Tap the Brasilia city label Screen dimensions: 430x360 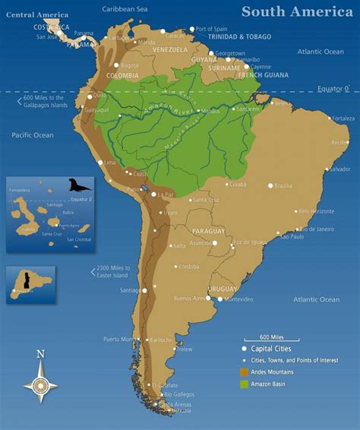(x=283, y=185)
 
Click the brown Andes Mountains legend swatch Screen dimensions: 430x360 (x=244, y=372)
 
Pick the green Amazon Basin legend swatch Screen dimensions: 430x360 (x=244, y=384)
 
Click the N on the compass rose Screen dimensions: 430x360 (x=40, y=354)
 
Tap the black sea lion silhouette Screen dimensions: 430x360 (x=79, y=185)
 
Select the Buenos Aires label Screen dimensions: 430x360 (x=190, y=299)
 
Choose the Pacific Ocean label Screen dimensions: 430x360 (x=33, y=134)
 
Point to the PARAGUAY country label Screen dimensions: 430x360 (x=208, y=231)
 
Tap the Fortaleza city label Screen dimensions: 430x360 (x=342, y=118)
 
